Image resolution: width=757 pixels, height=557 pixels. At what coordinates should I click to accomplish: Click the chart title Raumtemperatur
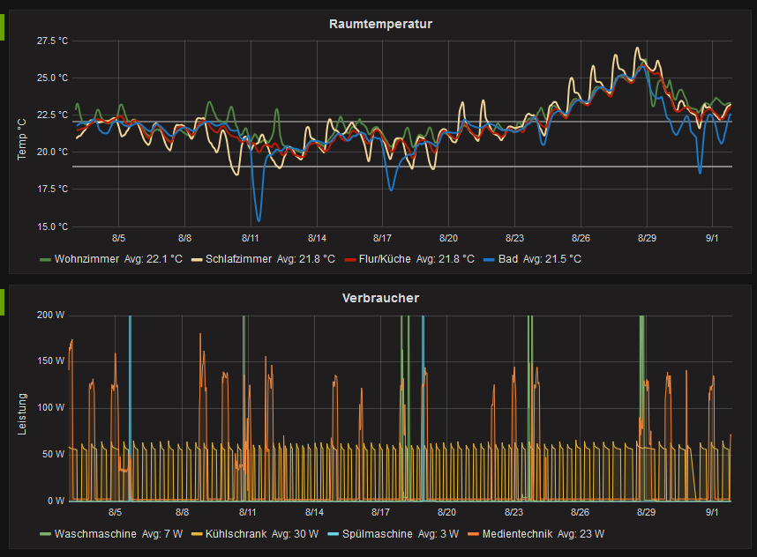coord(380,24)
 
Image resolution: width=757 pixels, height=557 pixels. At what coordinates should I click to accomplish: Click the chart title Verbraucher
coord(380,298)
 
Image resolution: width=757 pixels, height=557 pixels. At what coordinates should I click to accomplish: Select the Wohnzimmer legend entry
coord(86,259)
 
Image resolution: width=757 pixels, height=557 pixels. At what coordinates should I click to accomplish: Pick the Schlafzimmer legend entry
coord(237,259)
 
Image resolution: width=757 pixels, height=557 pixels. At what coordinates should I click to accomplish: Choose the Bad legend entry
coord(507,259)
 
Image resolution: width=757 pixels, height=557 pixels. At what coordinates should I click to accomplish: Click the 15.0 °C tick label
coord(52,227)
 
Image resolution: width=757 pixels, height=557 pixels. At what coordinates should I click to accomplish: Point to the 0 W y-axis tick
coord(56,501)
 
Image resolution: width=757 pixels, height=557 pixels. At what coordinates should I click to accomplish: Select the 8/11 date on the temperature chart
coord(251,238)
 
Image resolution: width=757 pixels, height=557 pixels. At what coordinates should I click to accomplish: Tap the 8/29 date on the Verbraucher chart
coord(646,512)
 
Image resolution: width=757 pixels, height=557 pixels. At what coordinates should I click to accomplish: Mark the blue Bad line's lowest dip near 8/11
coord(259,220)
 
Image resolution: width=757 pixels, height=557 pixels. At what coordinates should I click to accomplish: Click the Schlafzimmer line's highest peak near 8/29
coord(638,48)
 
